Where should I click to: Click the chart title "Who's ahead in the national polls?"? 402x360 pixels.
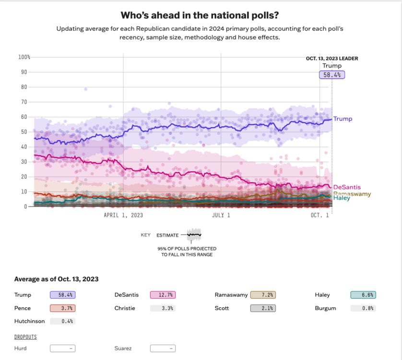201,15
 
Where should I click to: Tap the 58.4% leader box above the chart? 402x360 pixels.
332,74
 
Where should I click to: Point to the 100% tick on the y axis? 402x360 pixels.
24,57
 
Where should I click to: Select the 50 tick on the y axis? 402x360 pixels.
24,132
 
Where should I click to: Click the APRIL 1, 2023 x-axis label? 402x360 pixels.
123,216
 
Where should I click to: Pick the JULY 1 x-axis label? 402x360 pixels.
221,216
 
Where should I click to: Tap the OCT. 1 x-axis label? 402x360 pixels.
320,216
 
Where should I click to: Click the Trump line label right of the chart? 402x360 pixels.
343,119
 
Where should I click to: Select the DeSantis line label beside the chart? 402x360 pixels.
347,187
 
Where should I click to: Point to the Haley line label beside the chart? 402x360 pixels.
342,198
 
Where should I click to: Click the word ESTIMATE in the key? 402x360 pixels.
167,235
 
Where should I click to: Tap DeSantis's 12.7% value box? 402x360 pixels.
163,295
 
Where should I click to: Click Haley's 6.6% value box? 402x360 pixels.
363,295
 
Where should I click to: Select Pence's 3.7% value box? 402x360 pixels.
62,308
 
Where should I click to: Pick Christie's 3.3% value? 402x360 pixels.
163,308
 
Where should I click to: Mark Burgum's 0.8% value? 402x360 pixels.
363,308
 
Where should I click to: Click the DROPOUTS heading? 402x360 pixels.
25,336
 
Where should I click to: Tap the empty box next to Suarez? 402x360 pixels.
163,348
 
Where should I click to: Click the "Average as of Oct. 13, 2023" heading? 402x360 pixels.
57,279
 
